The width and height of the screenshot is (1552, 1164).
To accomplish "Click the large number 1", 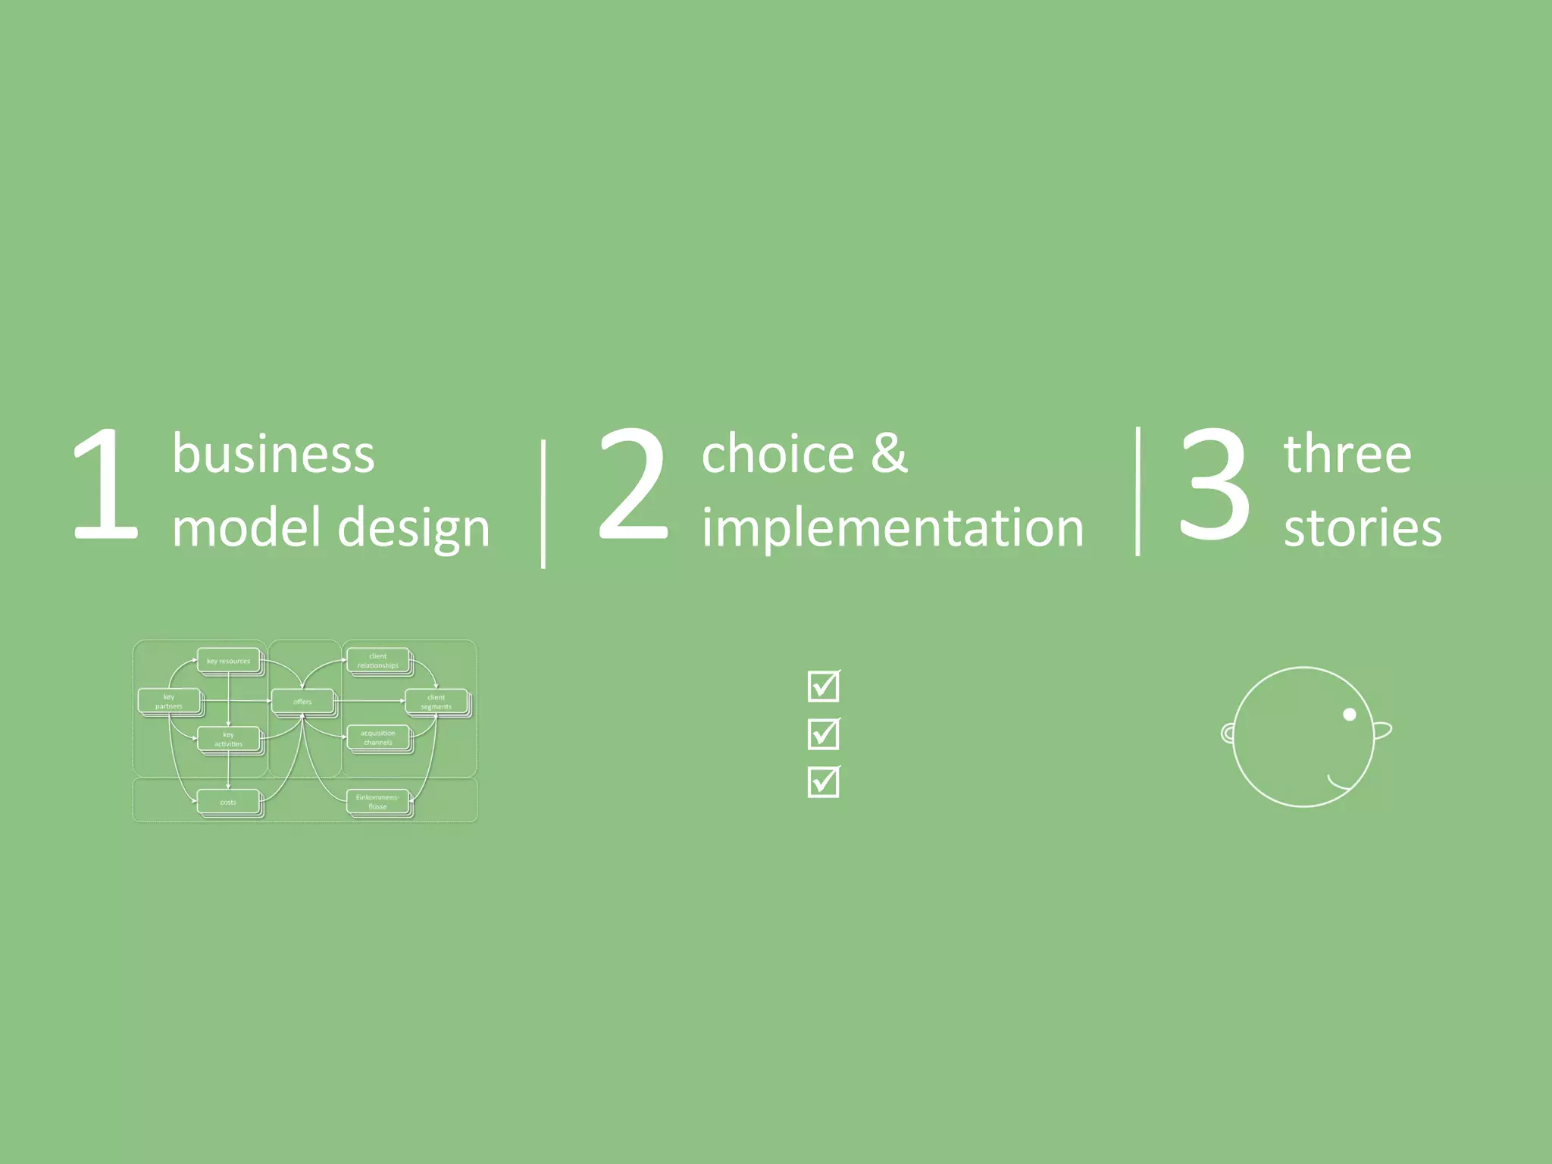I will [x=106, y=485].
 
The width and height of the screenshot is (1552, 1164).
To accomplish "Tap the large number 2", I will [x=634, y=485].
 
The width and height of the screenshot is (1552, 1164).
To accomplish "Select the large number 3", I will [x=1214, y=485].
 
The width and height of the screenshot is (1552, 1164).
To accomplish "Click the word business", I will [x=273, y=455].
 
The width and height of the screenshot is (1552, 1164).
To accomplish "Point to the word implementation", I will [x=893, y=527].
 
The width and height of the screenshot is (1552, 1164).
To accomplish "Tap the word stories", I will [x=1363, y=527].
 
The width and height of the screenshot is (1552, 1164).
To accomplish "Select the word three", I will [x=1347, y=455].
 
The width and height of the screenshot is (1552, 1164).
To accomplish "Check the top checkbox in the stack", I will [x=824, y=686].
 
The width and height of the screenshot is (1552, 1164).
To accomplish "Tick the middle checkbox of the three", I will [x=824, y=734].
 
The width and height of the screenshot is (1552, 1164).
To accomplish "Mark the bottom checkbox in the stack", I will [x=824, y=781].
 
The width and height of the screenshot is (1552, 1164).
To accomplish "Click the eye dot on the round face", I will [x=1350, y=714].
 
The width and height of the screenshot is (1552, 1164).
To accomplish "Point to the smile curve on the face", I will [x=1339, y=784].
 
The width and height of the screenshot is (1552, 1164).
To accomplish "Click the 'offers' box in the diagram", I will [x=302, y=702].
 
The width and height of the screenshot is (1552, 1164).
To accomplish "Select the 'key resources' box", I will [x=228, y=661].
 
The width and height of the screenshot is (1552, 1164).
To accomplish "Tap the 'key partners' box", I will [x=169, y=701].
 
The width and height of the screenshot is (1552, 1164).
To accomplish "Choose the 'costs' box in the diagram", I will [x=228, y=802].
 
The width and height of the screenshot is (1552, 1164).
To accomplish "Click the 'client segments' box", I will [x=436, y=702].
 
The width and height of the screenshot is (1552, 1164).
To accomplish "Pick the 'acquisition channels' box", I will [x=377, y=737].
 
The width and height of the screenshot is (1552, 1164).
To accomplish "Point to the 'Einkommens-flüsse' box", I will [x=377, y=802].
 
